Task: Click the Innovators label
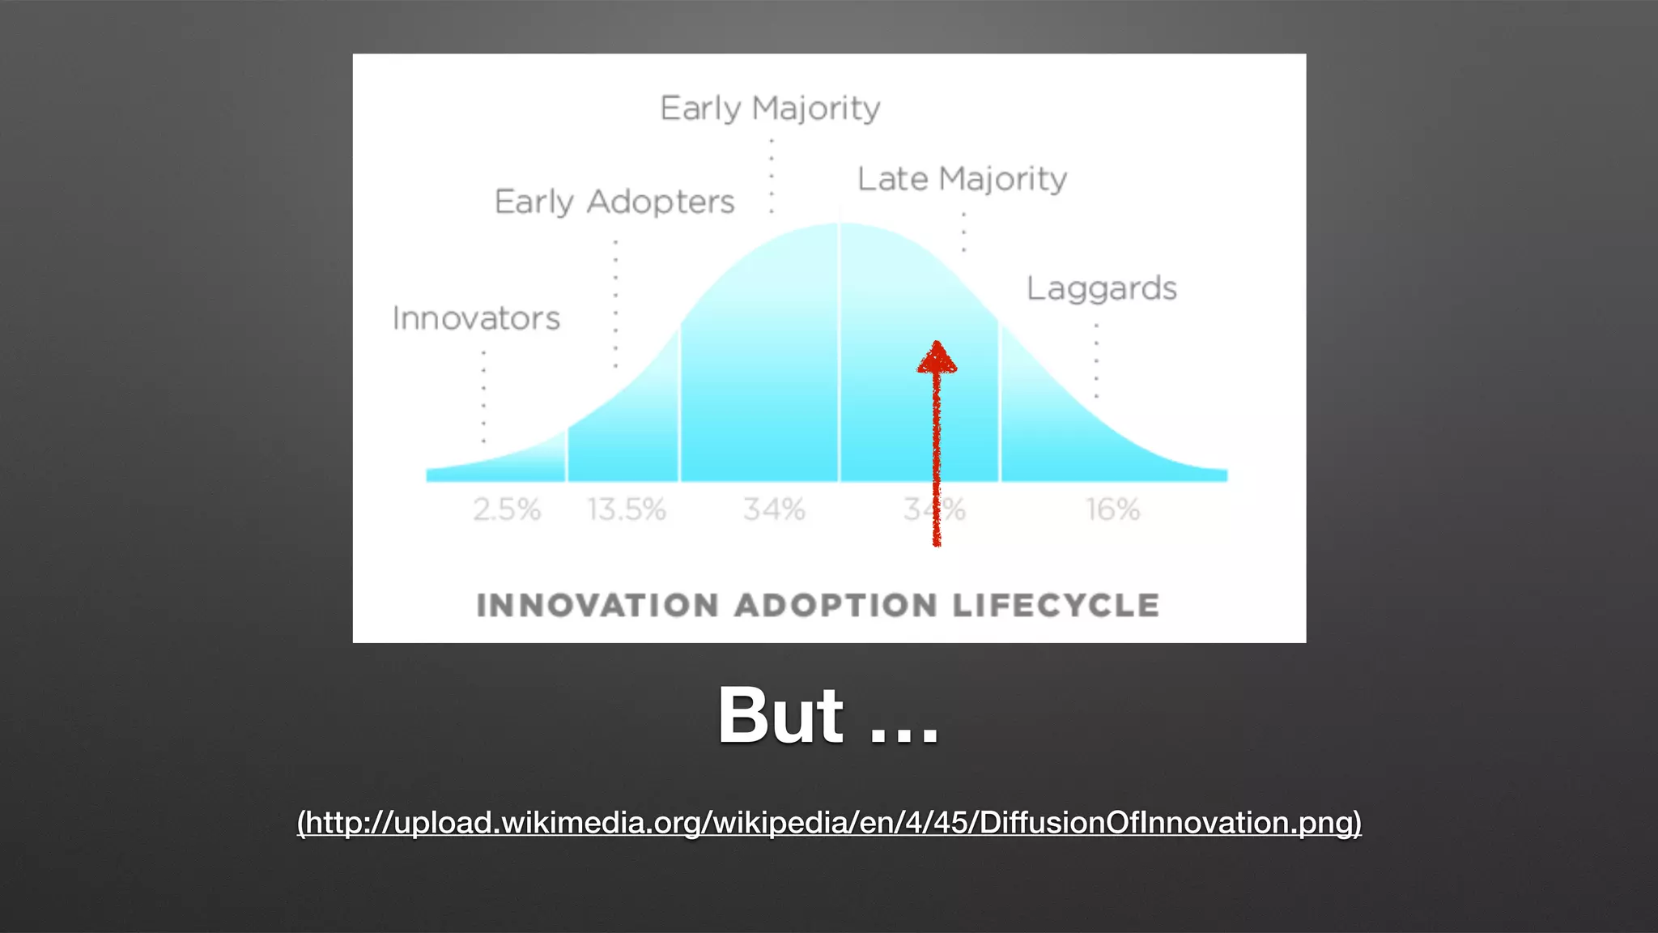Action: click(x=476, y=318)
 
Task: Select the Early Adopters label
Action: click(x=614, y=202)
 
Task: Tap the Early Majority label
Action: click(x=770, y=109)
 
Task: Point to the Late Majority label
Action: click(x=962, y=179)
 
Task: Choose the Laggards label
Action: click(x=1101, y=288)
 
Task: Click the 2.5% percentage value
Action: click(x=507, y=509)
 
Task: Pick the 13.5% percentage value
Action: click(x=626, y=509)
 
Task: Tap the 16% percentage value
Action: click(x=1112, y=509)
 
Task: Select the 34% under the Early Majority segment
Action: click(x=774, y=509)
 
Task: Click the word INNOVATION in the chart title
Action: click(x=597, y=606)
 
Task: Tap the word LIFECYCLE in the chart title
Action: click(x=1056, y=606)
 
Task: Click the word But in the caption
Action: click(x=780, y=716)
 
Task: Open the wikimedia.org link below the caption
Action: click(x=829, y=823)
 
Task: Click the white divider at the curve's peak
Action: click(x=840, y=348)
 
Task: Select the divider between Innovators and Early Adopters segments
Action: click(x=567, y=454)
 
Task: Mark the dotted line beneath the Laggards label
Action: click(x=1097, y=360)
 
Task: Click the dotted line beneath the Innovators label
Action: click(x=484, y=397)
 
